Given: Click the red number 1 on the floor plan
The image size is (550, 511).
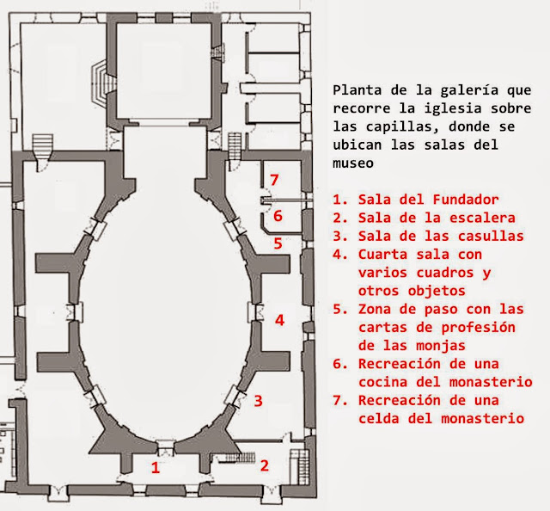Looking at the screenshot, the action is [x=156, y=468].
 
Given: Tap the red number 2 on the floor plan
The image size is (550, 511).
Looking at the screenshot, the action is [x=265, y=465].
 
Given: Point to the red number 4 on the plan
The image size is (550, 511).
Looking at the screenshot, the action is [x=279, y=320].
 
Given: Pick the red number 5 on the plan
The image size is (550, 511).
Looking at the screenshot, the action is [x=278, y=243].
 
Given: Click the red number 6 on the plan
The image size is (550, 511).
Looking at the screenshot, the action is [x=278, y=215].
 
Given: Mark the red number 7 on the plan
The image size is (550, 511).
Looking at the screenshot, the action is [x=274, y=179].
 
